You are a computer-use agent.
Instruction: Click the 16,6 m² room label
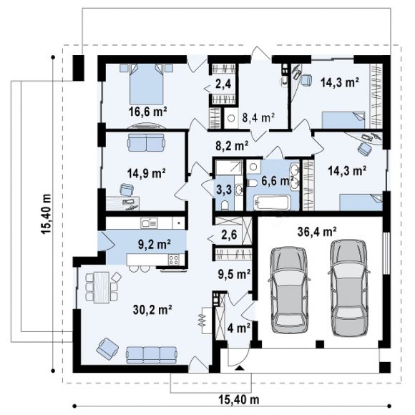(147, 112)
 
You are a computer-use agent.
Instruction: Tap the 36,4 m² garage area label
(317, 232)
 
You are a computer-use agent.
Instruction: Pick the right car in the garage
(349, 288)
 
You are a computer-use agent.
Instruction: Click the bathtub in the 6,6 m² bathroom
(272, 202)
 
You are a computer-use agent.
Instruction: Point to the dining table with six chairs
(102, 287)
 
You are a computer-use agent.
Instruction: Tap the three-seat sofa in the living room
(152, 355)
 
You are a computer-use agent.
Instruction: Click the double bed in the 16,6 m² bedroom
(146, 84)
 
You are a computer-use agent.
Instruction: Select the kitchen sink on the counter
(150, 223)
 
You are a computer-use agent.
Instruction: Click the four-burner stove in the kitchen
(174, 259)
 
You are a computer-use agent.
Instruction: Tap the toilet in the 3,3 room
(225, 205)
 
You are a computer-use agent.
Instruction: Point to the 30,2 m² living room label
(152, 310)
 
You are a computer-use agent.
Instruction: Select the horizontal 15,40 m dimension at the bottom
(239, 399)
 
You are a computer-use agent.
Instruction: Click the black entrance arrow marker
(239, 367)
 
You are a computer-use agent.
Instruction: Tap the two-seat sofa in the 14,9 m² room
(146, 142)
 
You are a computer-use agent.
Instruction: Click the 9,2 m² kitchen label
(155, 244)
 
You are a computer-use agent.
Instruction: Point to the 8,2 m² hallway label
(232, 145)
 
